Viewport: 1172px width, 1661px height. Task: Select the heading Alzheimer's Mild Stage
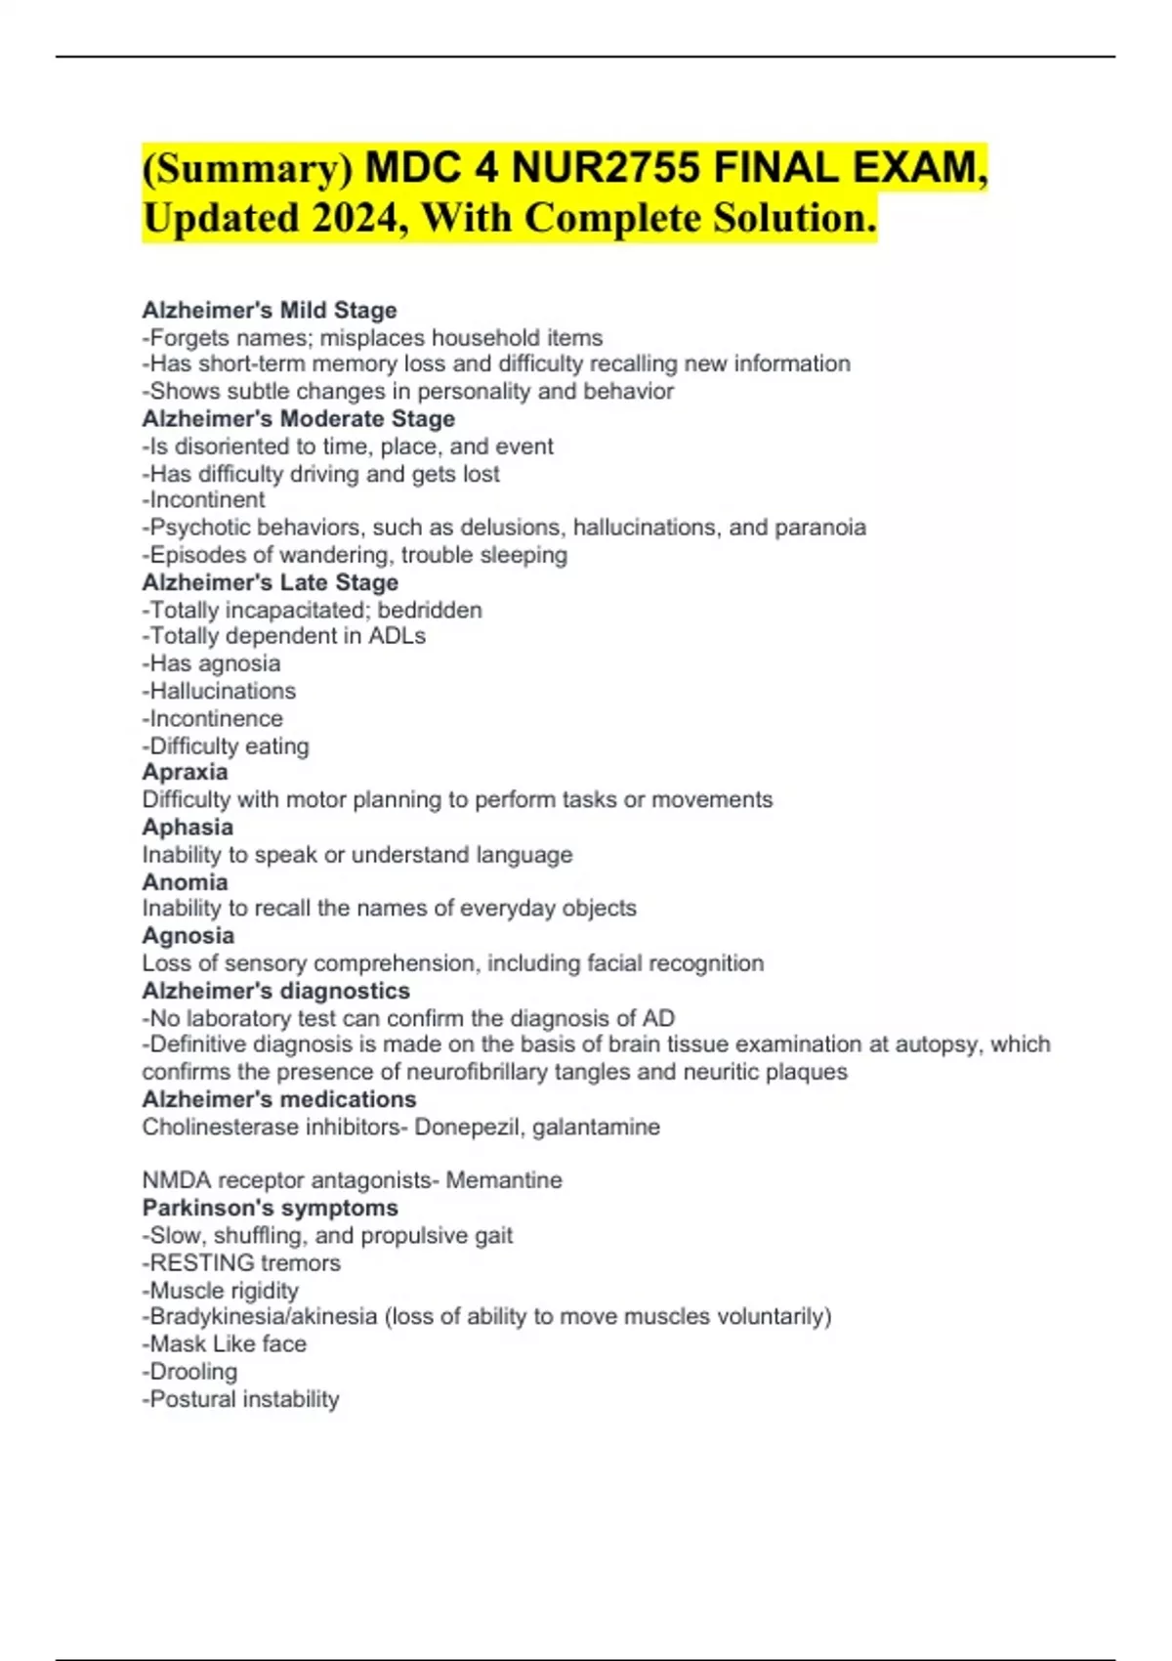click(270, 310)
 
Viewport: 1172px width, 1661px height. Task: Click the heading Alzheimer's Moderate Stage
click(299, 418)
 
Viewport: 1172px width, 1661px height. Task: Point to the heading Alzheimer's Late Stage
click(271, 582)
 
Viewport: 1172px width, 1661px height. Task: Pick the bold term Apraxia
click(186, 772)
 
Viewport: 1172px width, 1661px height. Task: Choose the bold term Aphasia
click(188, 827)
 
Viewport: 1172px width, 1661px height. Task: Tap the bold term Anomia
click(186, 881)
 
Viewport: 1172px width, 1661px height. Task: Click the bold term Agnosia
click(188, 935)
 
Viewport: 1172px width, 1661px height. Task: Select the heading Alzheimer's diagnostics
click(276, 990)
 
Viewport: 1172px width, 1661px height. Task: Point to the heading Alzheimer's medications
click(279, 1099)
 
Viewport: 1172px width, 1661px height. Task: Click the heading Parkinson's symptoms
click(271, 1208)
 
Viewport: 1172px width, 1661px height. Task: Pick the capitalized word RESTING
click(202, 1262)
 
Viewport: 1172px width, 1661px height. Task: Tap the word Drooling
click(193, 1372)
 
